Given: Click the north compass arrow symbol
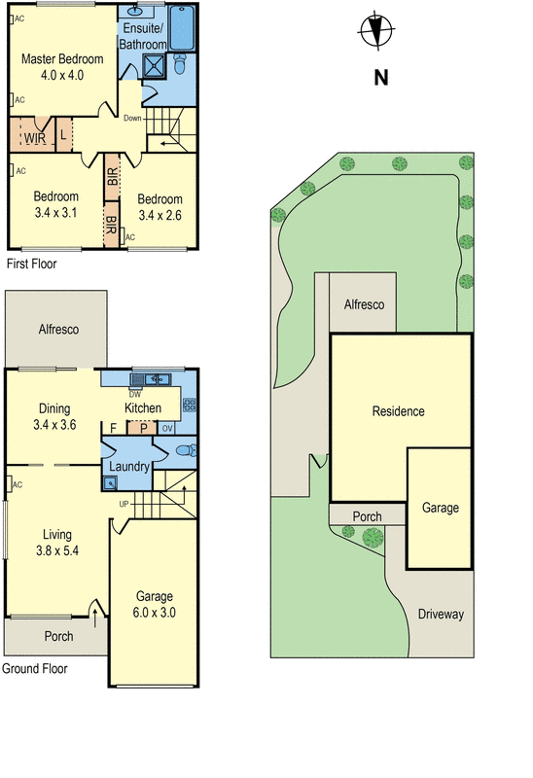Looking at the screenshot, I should click(375, 31).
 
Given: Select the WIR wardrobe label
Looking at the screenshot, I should click(35, 138).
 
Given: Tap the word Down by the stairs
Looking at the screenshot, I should click(132, 120).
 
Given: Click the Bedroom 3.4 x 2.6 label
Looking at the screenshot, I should click(160, 207).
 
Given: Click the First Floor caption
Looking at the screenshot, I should click(31, 264).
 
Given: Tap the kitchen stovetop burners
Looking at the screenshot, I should click(189, 405).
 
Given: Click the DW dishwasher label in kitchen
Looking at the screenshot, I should click(135, 394).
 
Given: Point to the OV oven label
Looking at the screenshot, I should click(166, 428).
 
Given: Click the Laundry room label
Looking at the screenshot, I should click(129, 467).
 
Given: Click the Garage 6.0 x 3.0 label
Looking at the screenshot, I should click(154, 604).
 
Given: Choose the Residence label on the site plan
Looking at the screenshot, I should click(399, 411).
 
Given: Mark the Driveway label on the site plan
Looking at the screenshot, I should click(441, 615).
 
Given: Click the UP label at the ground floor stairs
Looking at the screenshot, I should click(124, 505).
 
